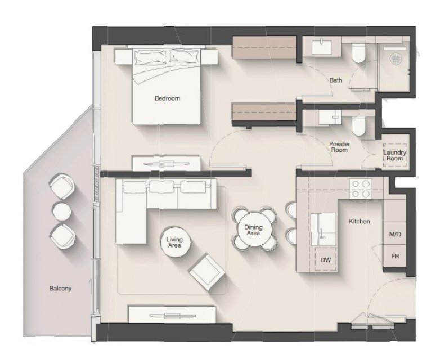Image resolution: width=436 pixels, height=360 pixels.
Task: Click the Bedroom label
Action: point(167,98)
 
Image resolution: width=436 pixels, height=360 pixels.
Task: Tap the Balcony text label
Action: point(60,288)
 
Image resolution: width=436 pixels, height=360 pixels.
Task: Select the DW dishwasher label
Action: point(326,260)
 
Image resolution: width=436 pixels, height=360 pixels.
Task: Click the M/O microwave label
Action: point(395,234)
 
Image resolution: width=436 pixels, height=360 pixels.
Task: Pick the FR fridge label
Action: point(395,256)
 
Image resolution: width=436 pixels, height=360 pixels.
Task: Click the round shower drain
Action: point(395,58)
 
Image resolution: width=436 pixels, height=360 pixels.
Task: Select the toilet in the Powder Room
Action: point(358,125)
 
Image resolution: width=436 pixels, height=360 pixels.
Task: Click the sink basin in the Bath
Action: point(322,47)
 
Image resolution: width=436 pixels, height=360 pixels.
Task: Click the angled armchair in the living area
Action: point(207,272)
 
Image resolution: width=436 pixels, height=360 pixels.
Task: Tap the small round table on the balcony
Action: point(62,211)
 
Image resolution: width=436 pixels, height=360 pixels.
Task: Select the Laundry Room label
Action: point(394,155)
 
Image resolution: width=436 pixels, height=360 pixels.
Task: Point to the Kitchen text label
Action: point(359,221)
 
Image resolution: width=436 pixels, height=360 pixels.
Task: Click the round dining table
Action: point(254,229)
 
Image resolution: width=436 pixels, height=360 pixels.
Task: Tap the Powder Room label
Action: point(339,147)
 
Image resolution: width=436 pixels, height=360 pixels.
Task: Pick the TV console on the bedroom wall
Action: point(167,164)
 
